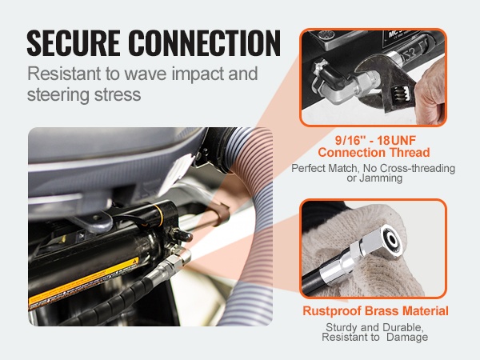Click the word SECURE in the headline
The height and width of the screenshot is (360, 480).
coord(73,42)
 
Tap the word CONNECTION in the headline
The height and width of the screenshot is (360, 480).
coord(204,42)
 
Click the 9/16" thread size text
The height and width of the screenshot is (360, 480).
coord(350,141)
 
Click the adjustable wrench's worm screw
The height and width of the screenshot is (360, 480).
coord(399,93)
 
